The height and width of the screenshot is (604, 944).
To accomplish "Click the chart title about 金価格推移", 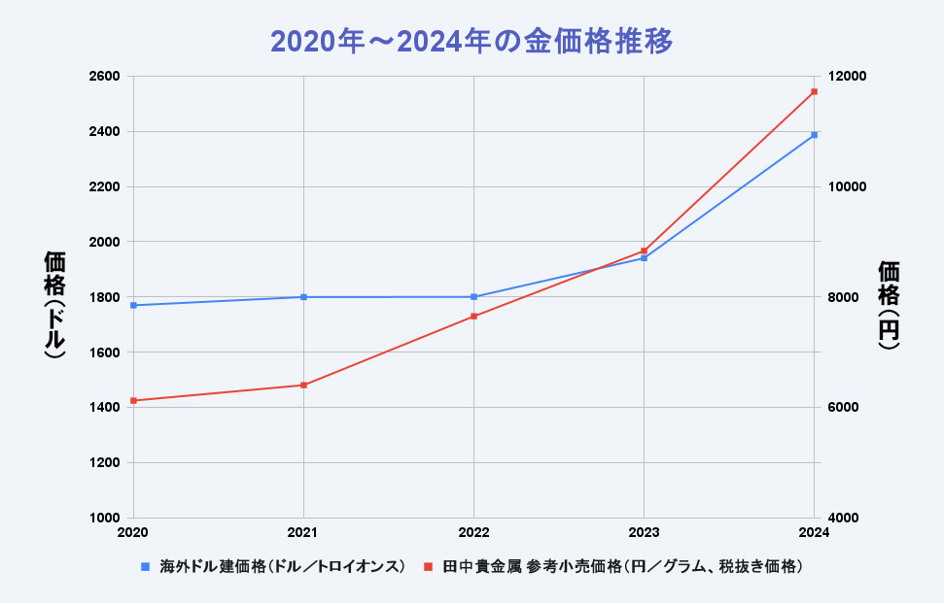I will coord(472,42).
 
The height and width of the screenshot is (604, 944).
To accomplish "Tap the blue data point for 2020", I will coord(133,305).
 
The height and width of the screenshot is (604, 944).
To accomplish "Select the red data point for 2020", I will coord(133,400).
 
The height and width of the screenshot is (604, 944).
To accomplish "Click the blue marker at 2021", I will coord(303,297).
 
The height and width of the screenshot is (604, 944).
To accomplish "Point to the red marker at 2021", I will coord(303,386).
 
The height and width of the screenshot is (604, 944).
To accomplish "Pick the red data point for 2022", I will coord(473,317).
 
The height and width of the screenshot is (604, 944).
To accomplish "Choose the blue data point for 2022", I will coord(473,297).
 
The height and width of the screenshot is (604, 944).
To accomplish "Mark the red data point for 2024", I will coord(814,91).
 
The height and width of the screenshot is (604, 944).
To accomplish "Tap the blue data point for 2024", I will coord(814,135).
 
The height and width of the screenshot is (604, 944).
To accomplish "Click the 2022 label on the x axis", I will coord(473,532).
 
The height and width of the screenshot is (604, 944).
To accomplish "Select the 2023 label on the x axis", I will coord(644,532).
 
